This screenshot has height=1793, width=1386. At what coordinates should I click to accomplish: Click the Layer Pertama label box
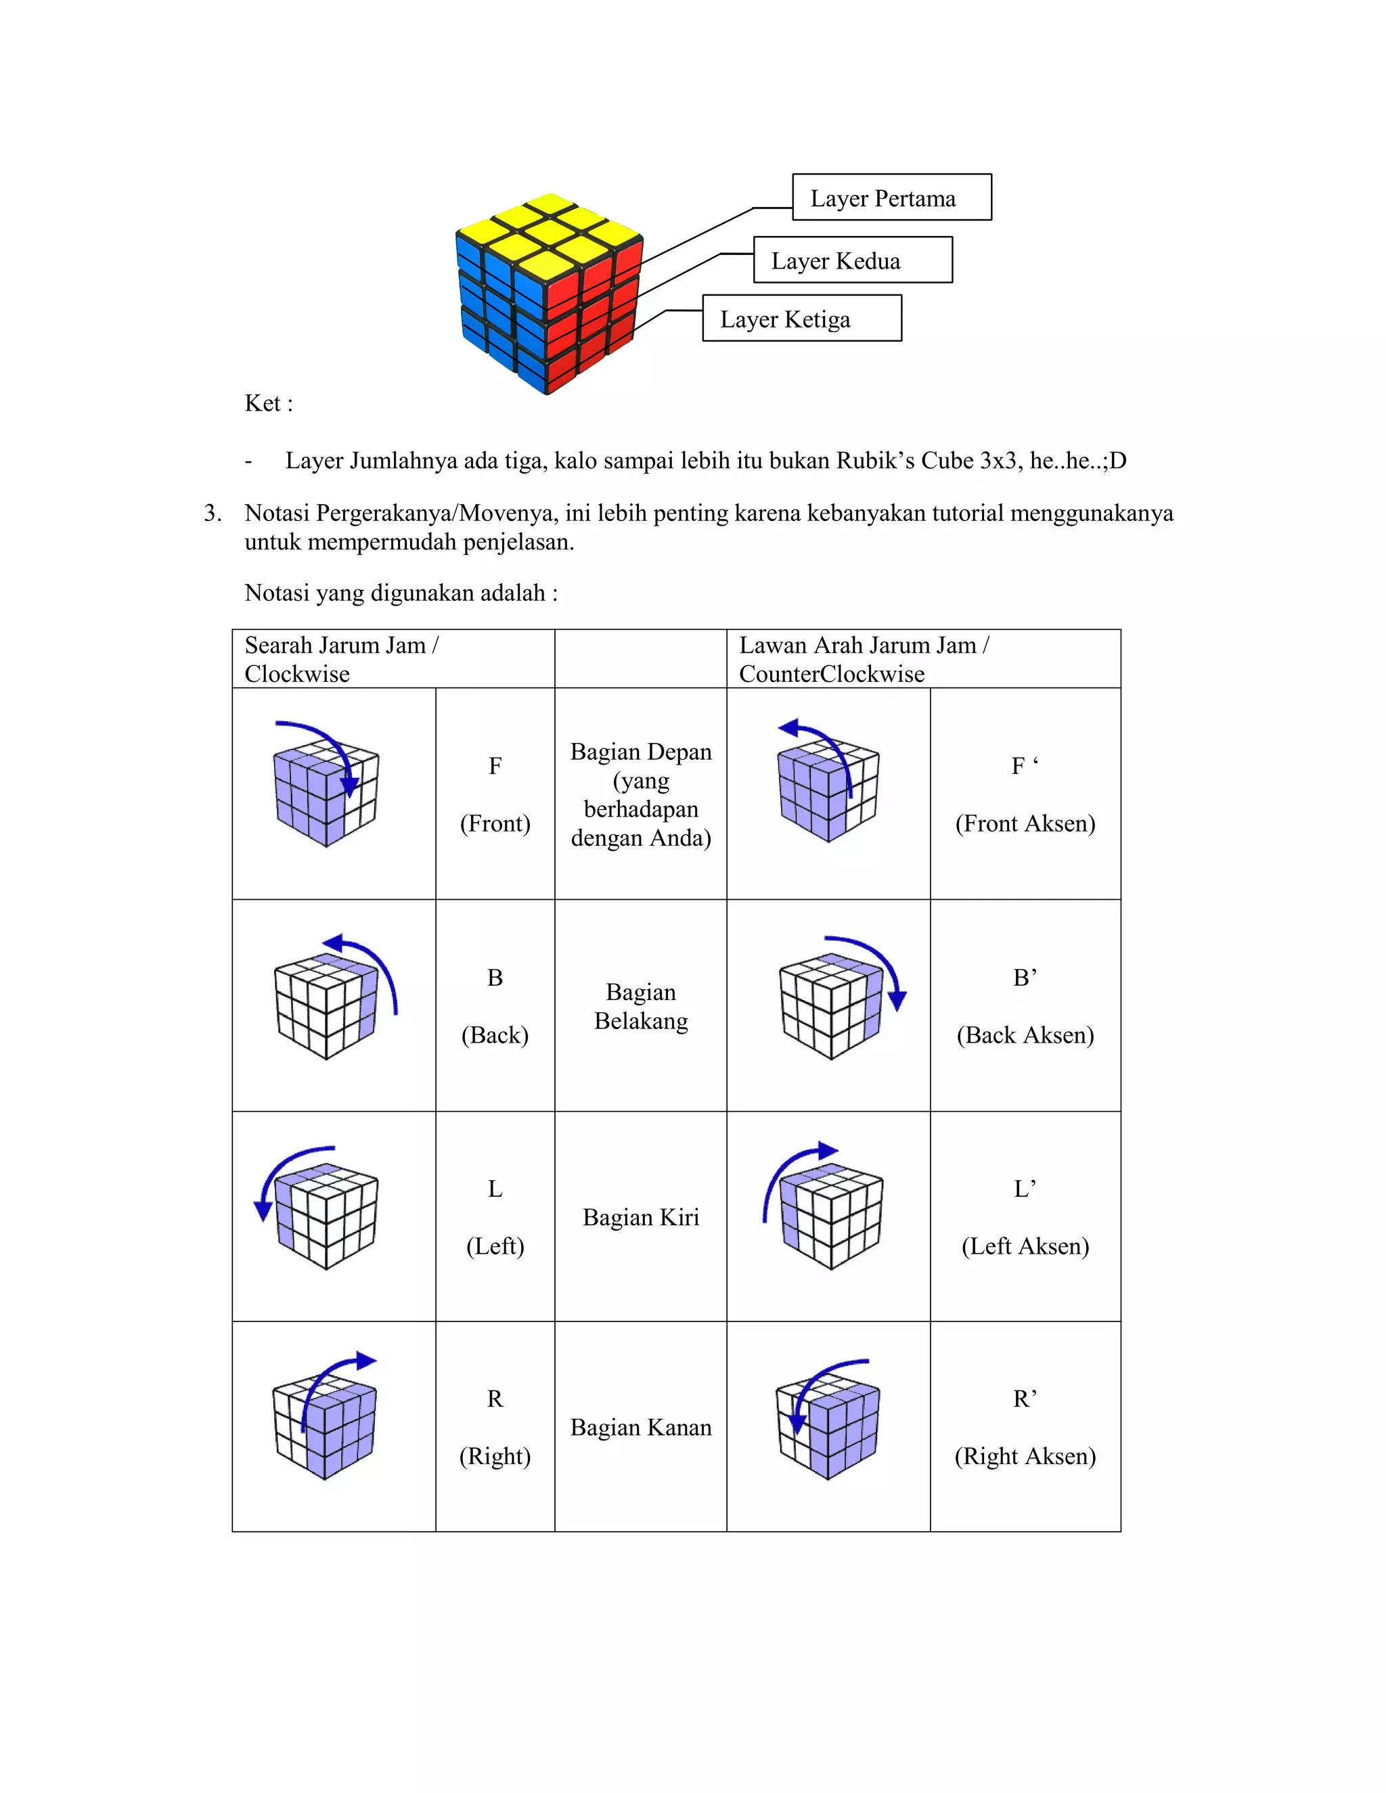click(892, 197)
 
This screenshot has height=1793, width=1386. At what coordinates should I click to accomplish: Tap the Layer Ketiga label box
click(801, 319)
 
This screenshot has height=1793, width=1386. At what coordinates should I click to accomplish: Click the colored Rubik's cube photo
click(548, 292)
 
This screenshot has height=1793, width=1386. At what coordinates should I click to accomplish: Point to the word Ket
click(263, 403)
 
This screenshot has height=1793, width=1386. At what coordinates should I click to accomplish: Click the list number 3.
click(212, 513)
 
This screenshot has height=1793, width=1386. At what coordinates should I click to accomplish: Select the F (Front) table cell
click(495, 794)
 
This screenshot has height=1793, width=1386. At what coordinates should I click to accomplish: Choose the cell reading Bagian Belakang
click(640, 1005)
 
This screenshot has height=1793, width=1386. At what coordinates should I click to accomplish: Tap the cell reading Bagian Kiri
click(640, 1217)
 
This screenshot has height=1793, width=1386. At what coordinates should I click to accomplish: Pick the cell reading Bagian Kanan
click(640, 1427)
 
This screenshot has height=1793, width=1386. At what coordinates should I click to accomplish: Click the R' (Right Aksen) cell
click(1025, 1427)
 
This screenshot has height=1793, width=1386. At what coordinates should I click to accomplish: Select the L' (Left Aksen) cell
click(1025, 1217)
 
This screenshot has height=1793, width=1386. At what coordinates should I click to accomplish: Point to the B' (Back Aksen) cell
click(1025, 1005)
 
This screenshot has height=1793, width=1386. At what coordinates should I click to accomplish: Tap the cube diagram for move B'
click(838, 1000)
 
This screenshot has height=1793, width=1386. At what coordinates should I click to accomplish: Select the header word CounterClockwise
click(831, 674)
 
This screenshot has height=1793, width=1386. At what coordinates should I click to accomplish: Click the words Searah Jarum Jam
click(335, 645)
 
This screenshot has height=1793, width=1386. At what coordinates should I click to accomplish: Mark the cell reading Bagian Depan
click(640, 794)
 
